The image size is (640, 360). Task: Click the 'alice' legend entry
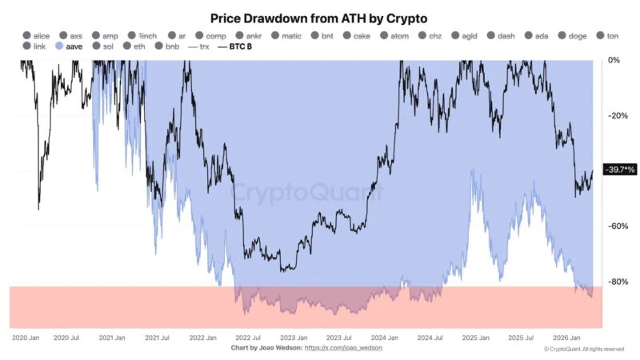point(37,36)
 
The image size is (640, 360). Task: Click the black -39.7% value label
point(619,170)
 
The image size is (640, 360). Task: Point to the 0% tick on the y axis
point(614,60)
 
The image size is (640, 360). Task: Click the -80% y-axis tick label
point(617,282)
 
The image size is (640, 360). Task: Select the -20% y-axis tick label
point(617,116)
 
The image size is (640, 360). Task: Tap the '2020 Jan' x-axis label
point(26,338)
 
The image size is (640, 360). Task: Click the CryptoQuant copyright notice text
point(583,350)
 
